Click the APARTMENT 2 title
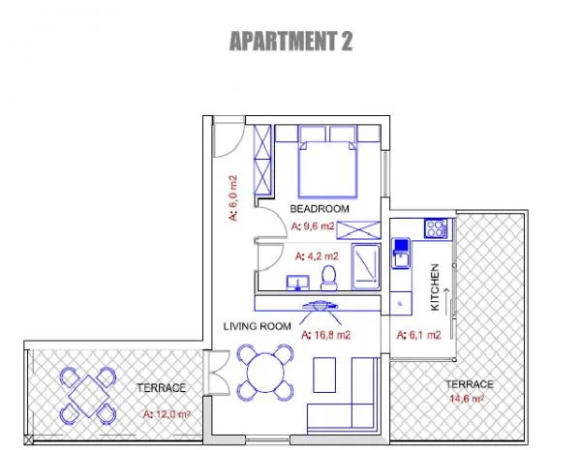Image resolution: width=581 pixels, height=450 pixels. (x=290, y=41)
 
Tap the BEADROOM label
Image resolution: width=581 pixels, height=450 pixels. (x=320, y=209)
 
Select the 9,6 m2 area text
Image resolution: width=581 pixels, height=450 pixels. (x=313, y=225)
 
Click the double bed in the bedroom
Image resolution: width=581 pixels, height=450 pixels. (x=327, y=168)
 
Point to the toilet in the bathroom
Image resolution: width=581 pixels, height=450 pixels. (x=329, y=278)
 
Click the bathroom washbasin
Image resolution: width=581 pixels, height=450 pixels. (x=298, y=283)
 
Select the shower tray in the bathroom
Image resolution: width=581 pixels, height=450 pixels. (x=366, y=266)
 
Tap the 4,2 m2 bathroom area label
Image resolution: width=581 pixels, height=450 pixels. (x=317, y=256)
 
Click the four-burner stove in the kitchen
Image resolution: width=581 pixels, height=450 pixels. (x=436, y=228)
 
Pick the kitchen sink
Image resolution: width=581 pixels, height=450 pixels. (x=401, y=254)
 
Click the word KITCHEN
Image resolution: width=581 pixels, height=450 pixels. (x=435, y=287)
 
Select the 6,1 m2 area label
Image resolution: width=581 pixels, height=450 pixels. (x=418, y=335)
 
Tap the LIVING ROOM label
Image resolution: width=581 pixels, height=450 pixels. (x=258, y=326)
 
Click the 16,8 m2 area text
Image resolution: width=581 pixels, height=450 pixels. (x=325, y=335)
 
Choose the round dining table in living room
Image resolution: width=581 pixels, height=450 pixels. (x=265, y=373)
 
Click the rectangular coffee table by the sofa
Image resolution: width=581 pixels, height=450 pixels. (x=324, y=375)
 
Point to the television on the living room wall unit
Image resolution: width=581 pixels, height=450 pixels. (x=320, y=306)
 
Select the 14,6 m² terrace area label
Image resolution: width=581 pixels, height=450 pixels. (x=467, y=399)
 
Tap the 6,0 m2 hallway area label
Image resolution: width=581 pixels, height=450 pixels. (x=233, y=198)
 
